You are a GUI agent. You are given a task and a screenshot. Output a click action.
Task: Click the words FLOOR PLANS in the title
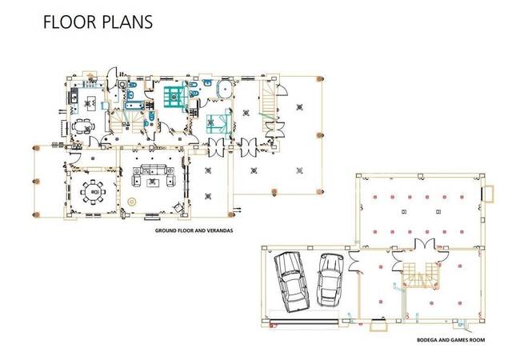point(98,22)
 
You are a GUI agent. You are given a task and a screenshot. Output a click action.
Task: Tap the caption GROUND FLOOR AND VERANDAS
point(194,230)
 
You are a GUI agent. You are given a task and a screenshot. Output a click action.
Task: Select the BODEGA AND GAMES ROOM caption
point(450,340)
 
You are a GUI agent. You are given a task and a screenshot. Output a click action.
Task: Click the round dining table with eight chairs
point(93,192)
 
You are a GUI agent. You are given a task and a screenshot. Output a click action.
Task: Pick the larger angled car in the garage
point(291,282)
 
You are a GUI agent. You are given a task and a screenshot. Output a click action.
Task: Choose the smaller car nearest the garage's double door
point(330,280)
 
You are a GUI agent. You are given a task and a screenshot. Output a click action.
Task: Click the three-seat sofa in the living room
point(154,170)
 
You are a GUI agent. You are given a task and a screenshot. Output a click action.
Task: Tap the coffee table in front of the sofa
point(152,182)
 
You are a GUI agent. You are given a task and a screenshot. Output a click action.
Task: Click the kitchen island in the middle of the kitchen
point(88,104)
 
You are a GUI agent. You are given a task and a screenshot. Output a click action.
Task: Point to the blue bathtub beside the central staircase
point(134,106)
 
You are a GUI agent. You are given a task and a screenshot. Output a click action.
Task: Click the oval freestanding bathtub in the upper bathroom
point(225,89)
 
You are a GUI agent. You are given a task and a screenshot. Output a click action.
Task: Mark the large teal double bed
point(174,97)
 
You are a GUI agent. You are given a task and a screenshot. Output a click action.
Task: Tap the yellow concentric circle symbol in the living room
point(132,202)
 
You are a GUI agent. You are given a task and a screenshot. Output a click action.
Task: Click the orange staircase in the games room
point(421,275)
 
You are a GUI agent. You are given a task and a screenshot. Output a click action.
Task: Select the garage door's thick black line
point(305,321)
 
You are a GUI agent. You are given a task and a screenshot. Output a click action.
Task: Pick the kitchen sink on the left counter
point(73,97)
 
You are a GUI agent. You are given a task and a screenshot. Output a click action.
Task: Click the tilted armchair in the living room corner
point(178,207)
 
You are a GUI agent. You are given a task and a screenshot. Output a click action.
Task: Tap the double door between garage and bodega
point(354,262)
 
